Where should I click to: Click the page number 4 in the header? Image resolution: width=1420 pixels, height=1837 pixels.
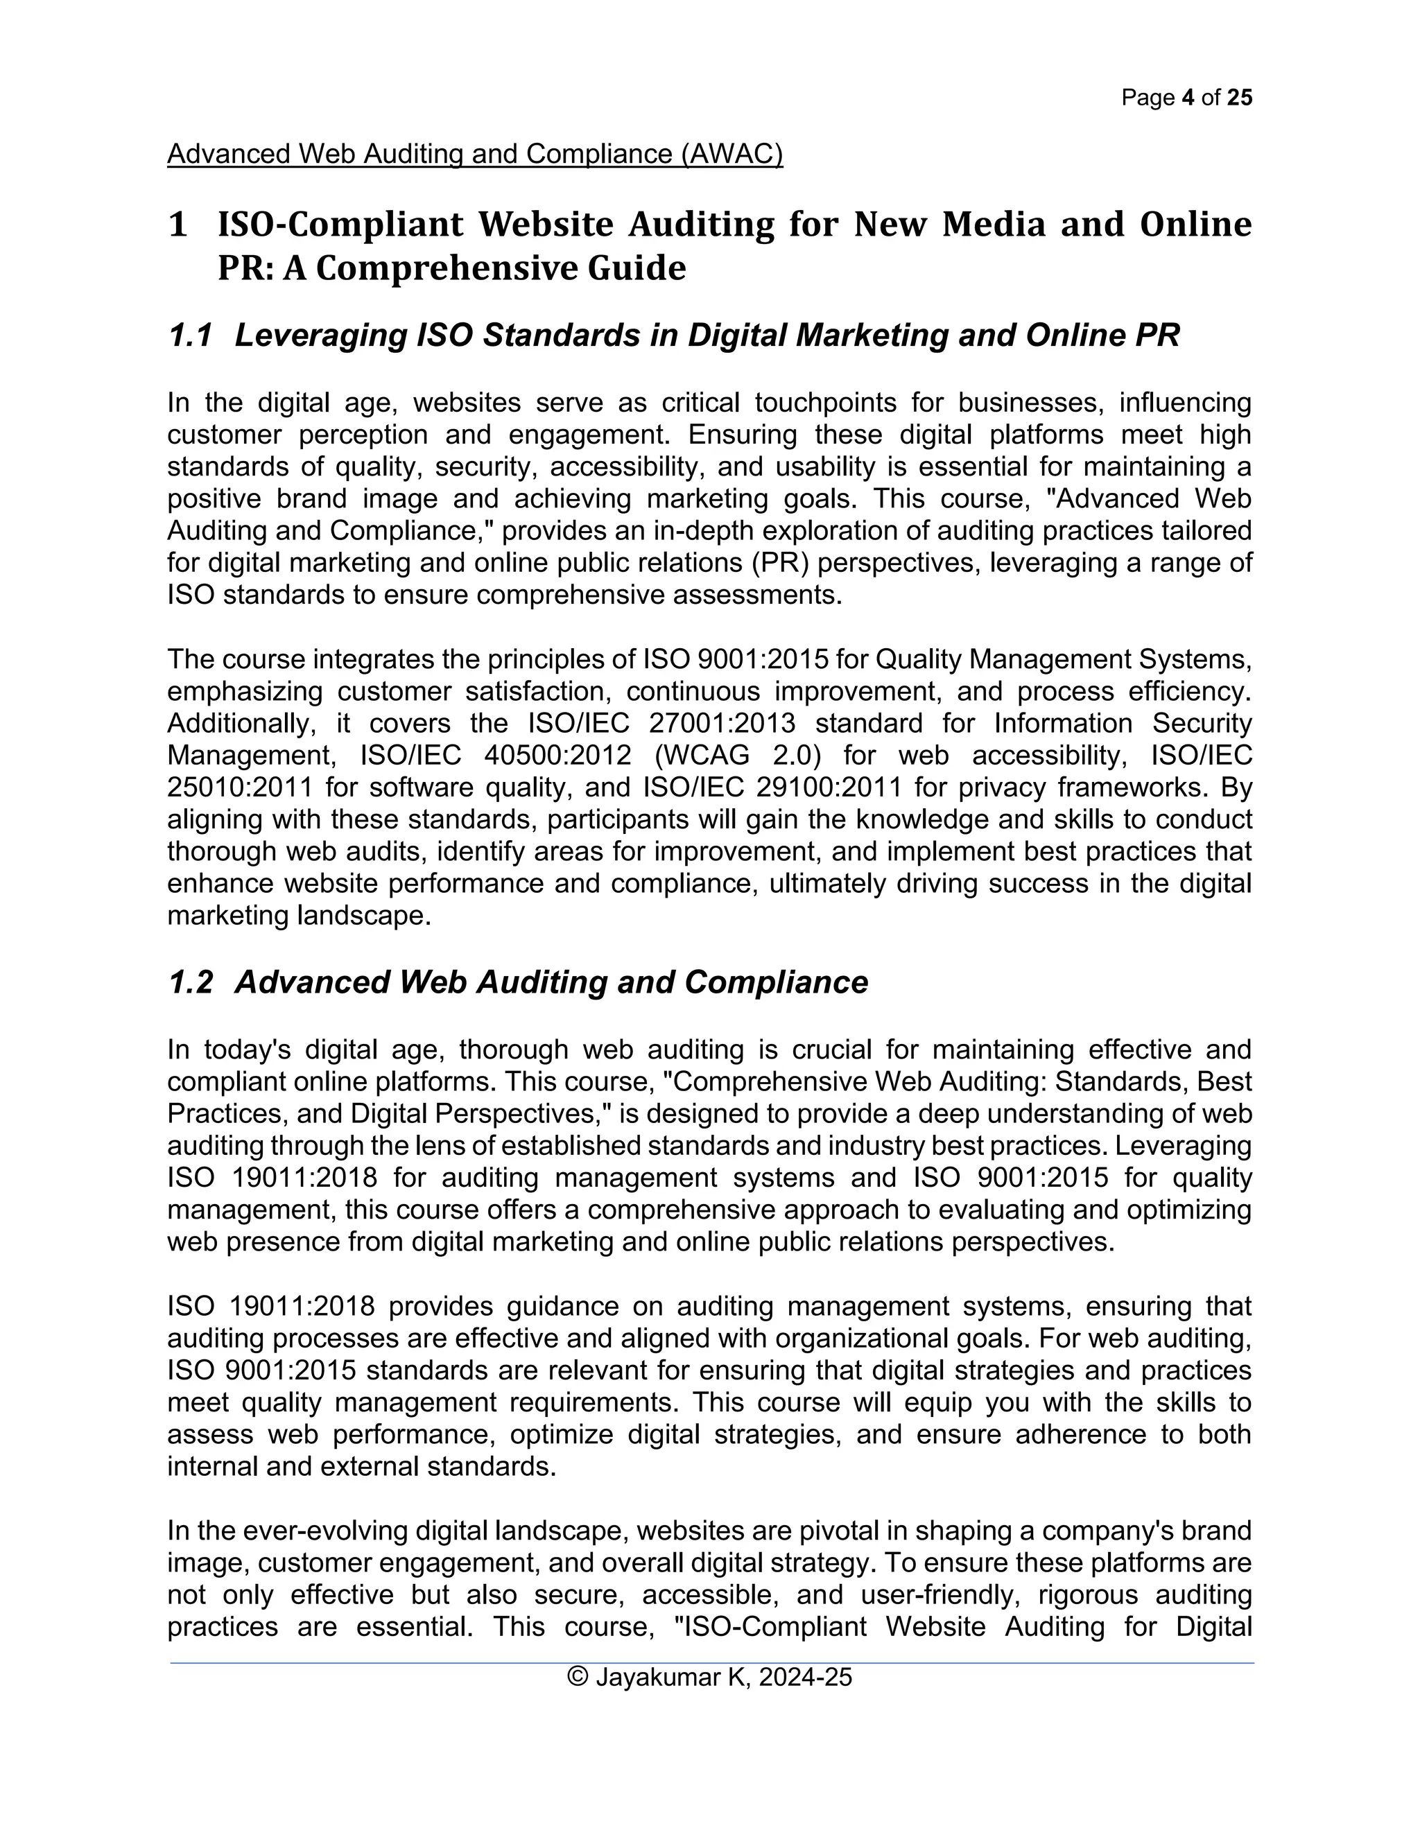click(1187, 98)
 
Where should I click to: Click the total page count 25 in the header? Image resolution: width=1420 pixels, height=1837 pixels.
click(1239, 98)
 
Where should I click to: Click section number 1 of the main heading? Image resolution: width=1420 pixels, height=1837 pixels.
click(177, 225)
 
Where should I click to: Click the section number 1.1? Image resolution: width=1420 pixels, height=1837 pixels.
click(189, 336)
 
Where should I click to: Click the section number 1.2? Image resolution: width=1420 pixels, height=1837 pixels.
click(189, 982)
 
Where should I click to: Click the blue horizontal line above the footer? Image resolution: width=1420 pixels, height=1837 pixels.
click(711, 1662)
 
